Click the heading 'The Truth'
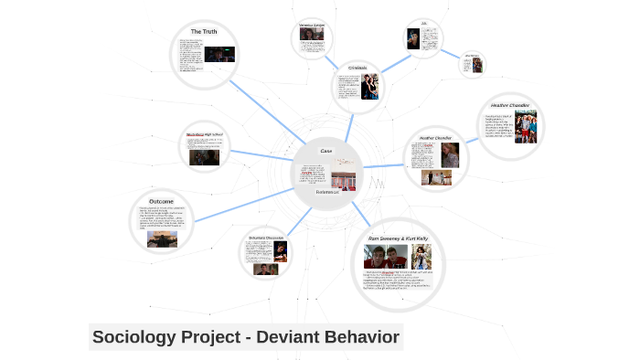(x=204, y=32)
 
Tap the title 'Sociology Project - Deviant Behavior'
(x=246, y=337)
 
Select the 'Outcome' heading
(x=162, y=201)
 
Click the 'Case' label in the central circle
(x=325, y=150)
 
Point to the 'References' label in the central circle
(x=327, y=192)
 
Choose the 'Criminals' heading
(x=357, y=68)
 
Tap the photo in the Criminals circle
(x=368, y=86)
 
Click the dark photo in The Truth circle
(x=219, y=54)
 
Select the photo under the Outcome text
(x=162, y=238)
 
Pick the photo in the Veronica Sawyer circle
(x=313, y=37)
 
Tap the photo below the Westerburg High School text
(x=204, y=156)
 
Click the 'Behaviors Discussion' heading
(x=266, y=238)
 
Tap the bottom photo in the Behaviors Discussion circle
(x=266, y=269)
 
